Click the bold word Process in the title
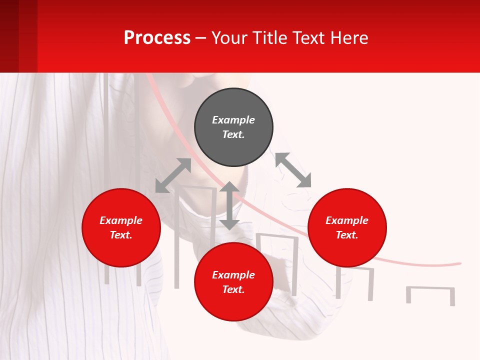[x=157, y=38]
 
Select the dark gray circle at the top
[x=233, y=127]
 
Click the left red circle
[x=121, y=227]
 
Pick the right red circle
[x=347, y=227]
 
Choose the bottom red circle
[x=233, y=282]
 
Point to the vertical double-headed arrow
[x=229, y=205]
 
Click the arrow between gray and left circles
[x=173, y=175]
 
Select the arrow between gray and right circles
[x=293, y=170]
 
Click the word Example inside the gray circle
[x=233, y=120]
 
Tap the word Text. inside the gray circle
[x=233, y=134]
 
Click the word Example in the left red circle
[x=121, y=220]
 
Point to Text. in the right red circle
[x=347, y=235]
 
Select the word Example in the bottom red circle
[x=233, y=275]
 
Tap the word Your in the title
[x=229, y=38]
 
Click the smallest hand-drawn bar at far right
[x=430, y=294]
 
